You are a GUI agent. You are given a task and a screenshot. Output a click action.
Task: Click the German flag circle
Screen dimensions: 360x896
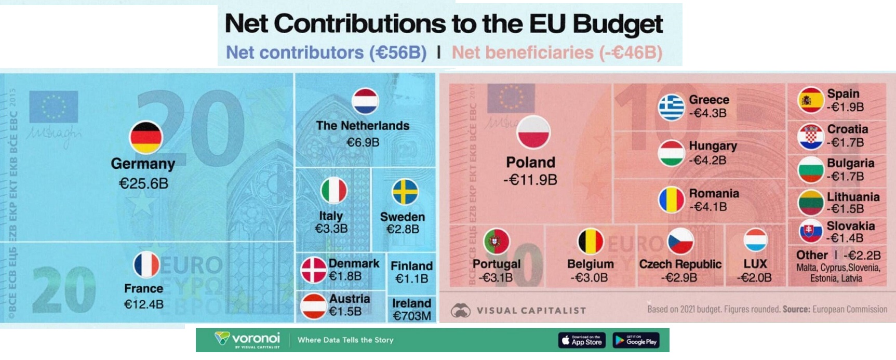click(x=146, y=138)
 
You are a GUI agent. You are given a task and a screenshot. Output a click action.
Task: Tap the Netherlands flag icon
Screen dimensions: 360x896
click(x=365, y=101)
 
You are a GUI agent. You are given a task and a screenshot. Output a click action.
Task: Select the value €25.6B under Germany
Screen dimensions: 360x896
click(x=143, y=183)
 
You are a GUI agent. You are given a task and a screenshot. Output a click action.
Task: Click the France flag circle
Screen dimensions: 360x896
click(x=146, y=265)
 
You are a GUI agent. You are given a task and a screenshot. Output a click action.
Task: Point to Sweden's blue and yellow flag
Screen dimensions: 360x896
click(x=405, y=192)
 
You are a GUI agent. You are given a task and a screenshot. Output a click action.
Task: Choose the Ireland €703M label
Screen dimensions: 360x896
click(x=411, y=310)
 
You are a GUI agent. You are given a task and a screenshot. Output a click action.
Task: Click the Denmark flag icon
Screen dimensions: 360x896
click(x=314, y=270)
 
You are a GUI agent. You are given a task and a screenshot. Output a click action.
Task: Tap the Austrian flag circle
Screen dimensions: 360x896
click(x=314, y=306)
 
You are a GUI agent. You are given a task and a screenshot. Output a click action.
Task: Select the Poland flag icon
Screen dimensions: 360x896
click(x=533, y=132)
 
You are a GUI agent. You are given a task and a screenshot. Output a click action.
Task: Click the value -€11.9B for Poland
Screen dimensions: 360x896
click(x=530, y=180)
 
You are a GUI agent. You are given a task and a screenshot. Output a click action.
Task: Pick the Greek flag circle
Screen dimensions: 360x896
click(x=672, y=108)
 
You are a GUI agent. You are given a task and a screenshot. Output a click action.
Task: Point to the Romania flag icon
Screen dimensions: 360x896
click(x=672, y=199)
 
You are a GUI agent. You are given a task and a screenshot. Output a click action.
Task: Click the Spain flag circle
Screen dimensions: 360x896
click(x=811, y=100)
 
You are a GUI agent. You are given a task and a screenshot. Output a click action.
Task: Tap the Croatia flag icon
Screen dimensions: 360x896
click(x=811, y=137)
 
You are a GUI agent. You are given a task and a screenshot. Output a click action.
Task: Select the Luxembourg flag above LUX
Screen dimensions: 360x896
click(x=755, y=241)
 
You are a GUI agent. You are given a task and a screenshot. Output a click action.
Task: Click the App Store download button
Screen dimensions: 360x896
click(x=582, y=340)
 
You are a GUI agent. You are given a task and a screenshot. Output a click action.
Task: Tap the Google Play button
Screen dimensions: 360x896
click(x=636, y=340)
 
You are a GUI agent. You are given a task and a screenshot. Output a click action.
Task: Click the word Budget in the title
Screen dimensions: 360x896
click(x=618, y=24)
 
